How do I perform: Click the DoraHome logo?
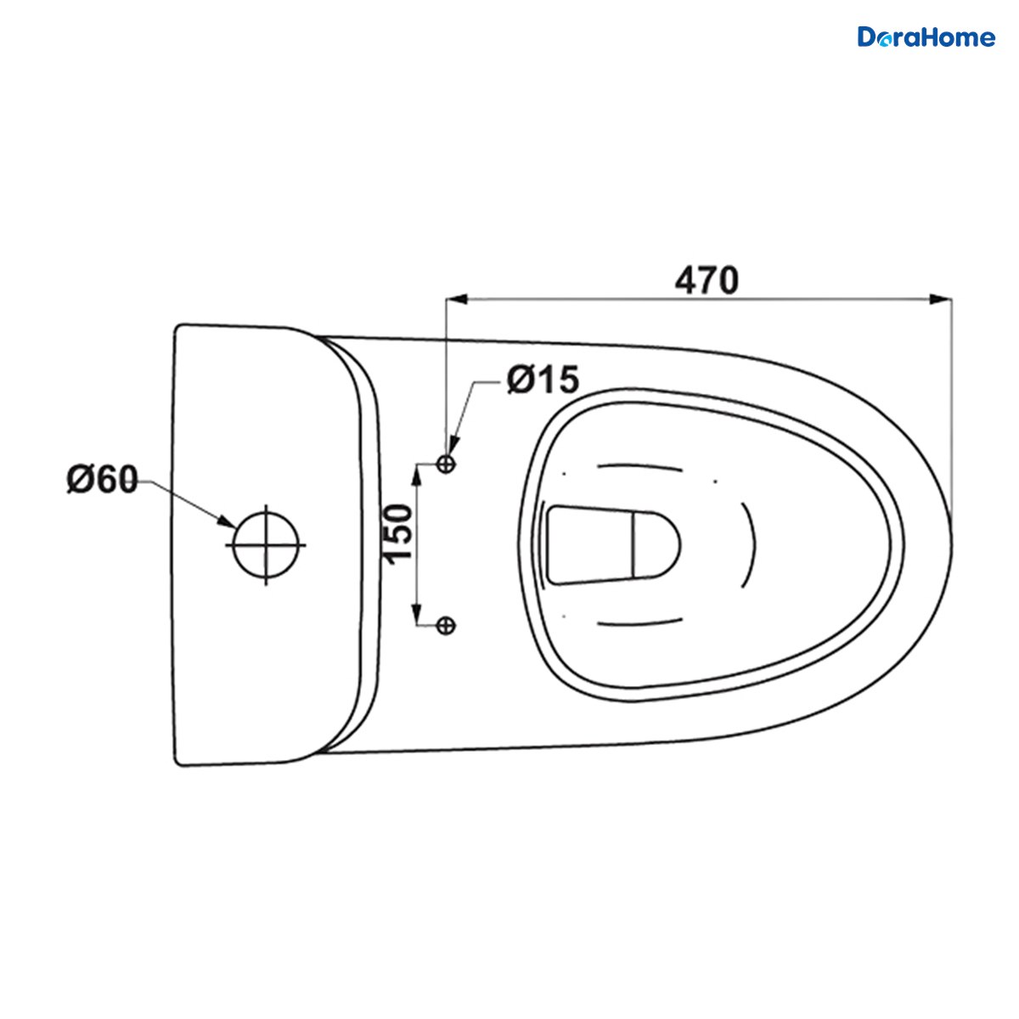click(x=926, y=37)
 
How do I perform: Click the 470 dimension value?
click(x=707, y=280)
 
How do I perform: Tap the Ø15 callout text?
click(x=543, y=379)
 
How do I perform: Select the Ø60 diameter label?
click(x=103, y=480)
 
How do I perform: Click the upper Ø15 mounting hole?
click(x=447, y=464)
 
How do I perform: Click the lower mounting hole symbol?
click(x=447, y=626)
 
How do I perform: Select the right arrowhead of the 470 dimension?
click(x=941, y=299)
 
